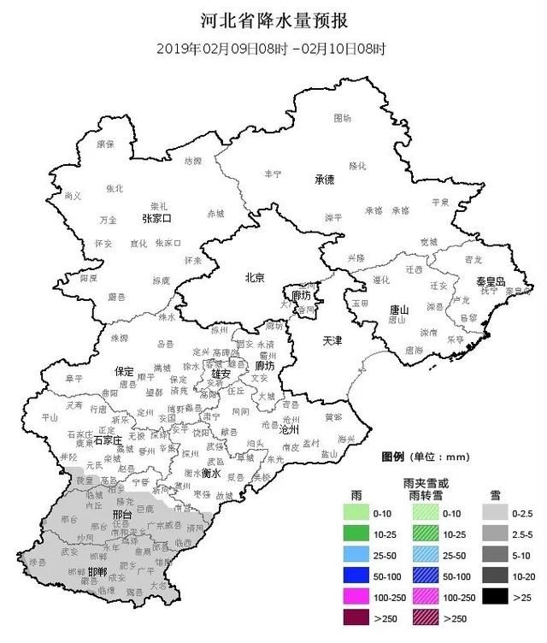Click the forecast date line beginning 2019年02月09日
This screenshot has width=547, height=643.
(x=272, y=48)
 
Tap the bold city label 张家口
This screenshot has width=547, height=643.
(x=156, y=219)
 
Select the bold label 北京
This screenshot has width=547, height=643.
(x=255, y=277)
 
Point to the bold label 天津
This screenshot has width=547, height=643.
(x=332, y=340)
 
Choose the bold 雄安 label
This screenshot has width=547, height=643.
(x=221, y=374)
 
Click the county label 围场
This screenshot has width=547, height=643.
(x=342, y=116)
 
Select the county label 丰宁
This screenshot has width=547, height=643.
(x=273, y=174)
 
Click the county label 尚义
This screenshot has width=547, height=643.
(x=73, y=196)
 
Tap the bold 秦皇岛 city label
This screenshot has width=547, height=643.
(x=491, y=281)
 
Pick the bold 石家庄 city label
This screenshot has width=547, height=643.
(x=109, y=439)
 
